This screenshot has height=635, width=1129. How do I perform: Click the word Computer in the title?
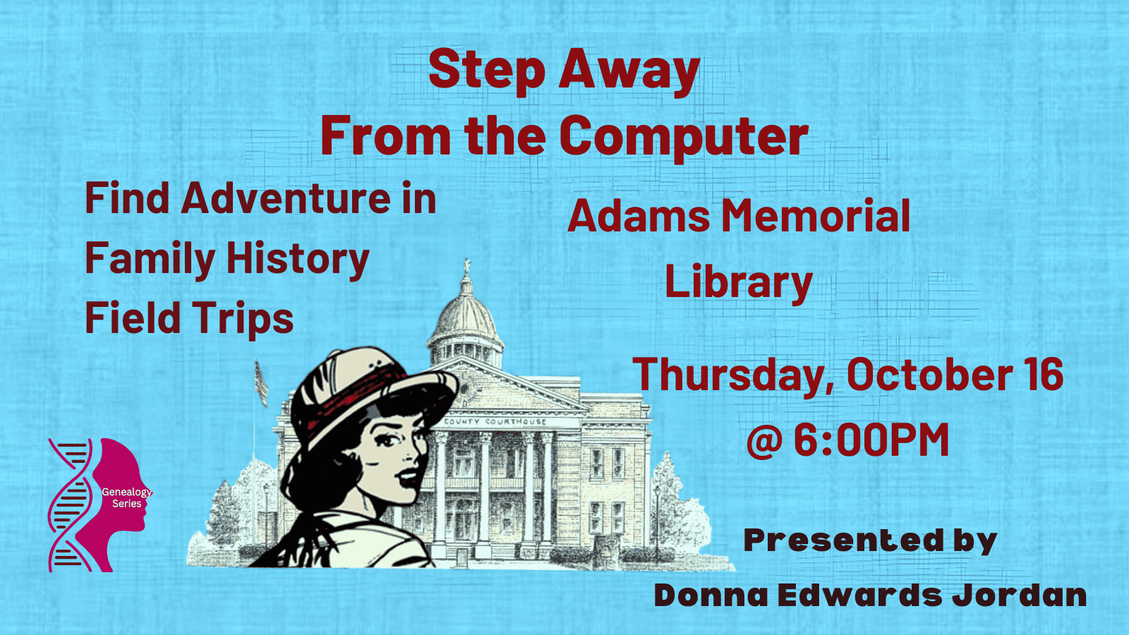click(684, 136)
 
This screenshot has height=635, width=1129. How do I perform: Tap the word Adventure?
click(285, 198)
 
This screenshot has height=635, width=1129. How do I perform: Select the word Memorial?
click(816, 216)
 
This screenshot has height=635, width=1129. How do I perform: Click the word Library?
click(738, 282)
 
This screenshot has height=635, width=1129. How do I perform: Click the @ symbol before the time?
click(764, 441)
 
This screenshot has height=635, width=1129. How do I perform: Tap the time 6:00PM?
click(871, 440)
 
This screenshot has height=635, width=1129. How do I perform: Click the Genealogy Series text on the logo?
click(126, 497)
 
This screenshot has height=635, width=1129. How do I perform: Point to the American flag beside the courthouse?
click(260, 383)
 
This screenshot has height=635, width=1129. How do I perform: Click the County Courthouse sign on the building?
click(495, 421)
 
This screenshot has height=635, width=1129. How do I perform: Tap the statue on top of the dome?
click(467, 267)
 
